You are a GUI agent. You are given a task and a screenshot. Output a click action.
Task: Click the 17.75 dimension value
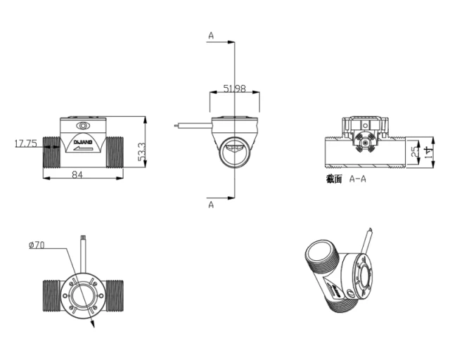coord(26,144)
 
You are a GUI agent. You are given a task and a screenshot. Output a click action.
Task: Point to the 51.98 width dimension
coord(234,89)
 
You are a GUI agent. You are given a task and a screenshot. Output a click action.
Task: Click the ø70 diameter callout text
coord(37,245)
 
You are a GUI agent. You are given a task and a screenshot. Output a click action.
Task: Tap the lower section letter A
coord(211,205)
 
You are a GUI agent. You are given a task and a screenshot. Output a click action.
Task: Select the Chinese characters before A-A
coord(334,179)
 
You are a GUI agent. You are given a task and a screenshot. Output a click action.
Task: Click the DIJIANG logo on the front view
coord(84,141)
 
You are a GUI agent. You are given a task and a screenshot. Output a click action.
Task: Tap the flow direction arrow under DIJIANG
coord(84,148)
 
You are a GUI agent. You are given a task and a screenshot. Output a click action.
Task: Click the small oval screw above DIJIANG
coord(84,125)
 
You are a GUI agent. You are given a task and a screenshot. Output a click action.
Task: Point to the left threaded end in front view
coord(53,152)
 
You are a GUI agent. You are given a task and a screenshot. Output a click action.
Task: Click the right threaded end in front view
coord(115,152)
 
